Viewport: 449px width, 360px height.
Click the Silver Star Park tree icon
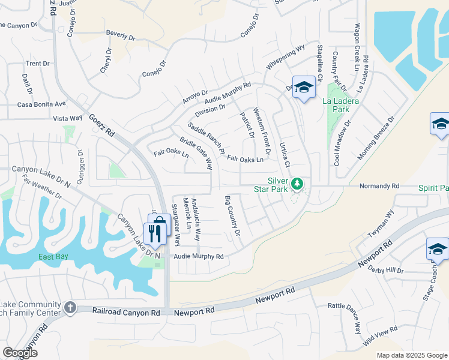[297, 183]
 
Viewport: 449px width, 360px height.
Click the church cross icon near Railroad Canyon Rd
[70, 308]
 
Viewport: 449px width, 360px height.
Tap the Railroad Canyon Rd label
[126, 312]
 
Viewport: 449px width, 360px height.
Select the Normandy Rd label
[379, 186]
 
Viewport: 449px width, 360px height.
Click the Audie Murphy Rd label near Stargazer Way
[199, 257]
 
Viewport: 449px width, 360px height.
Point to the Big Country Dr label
[232, 215]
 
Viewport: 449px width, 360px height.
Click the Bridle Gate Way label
[196, 155]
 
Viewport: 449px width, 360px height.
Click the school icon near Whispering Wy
[304, 88]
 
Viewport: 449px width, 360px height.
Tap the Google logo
[19, 353]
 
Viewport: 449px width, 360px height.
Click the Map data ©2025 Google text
[411, 355]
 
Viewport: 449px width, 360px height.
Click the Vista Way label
[67, 119]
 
